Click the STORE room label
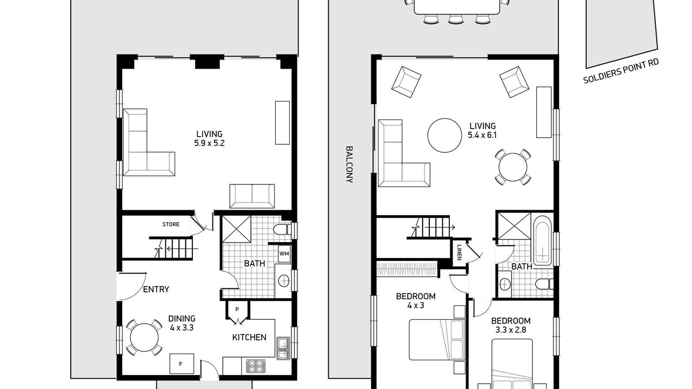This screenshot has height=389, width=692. click(x=171, y=224)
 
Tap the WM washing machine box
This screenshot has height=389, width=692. click(x=284, y=254)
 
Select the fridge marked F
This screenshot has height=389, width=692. click(x=182, y=364)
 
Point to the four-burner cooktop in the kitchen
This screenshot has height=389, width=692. click(x=256, y=366)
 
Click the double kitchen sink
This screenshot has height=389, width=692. click(x=283, y=348)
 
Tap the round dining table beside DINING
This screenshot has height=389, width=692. click(x=144, y=337)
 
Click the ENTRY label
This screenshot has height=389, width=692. click(x=156, y=289)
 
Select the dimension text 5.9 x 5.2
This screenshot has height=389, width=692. click(x=209, y=143)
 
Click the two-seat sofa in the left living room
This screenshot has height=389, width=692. click(x=252, y=196)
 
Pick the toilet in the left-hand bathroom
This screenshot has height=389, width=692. click(x=282, y=230)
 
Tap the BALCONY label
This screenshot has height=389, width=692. click(x=349, y=165)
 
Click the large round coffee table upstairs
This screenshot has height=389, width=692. click(x=445, y=135)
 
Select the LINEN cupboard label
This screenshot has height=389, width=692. click(x=460, y=252)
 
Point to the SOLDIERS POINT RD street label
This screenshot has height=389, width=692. click(x=621, y=71)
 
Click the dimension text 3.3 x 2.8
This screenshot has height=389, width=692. click(x=511, y=330)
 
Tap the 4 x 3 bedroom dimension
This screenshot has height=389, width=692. click(x=416, y=306)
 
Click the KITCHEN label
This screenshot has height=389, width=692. click(x=249, y=338)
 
